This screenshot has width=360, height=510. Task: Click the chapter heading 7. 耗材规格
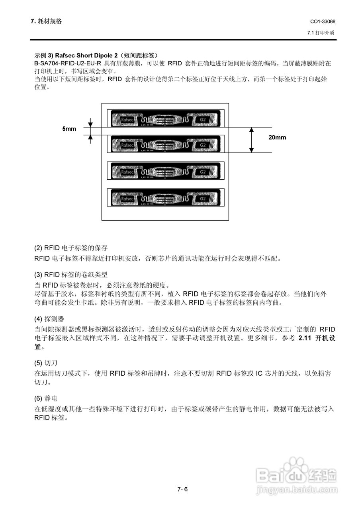coord(46,21)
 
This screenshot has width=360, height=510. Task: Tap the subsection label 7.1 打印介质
coord(321,33)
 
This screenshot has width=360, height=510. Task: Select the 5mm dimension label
coord(69,129)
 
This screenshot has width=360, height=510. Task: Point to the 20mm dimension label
coord(277,137)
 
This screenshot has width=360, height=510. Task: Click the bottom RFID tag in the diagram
coord(165,198)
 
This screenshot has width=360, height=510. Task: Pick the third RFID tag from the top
coord(165,171)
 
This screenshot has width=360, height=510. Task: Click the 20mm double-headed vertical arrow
coord(251,140)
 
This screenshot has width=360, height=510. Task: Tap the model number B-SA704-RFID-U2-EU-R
coord(68,63)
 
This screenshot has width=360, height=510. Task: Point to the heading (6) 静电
coord(46,398)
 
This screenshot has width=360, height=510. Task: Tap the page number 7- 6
coord(182,489)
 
